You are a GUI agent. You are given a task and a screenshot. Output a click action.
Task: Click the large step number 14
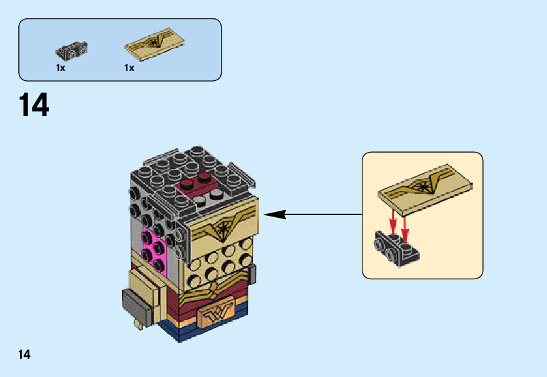click(x=34, y=106)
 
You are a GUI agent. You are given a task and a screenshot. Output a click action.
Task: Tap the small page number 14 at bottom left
click(x=24, y=355)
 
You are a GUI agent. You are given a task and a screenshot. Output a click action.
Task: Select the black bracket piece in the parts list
click(x=72, y=50)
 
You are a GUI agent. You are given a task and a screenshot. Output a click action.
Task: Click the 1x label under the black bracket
click(x=61, y=68)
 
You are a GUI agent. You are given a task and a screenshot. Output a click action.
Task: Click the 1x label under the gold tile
click(x=129, y=68)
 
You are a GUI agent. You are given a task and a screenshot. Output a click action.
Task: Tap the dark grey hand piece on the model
click(x=138, y=303)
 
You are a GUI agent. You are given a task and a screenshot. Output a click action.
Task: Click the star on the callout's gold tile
click(x=425, y=188)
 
